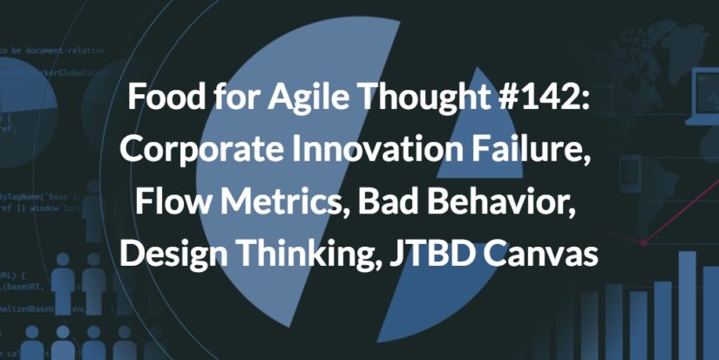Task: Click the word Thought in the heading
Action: point(402,98)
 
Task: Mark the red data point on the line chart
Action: point(644,241)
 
